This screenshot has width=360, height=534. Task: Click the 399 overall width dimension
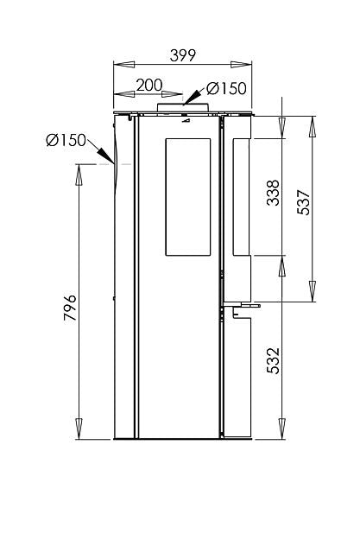point(182,55)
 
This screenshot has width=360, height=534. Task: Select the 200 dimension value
point(149,86)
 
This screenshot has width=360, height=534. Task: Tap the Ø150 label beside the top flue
point(227,87)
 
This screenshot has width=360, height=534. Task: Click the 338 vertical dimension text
point(273,197)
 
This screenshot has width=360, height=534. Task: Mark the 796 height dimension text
point(70,307)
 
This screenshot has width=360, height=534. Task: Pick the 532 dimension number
point(273,359)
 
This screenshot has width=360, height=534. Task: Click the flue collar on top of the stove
point(182,107)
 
